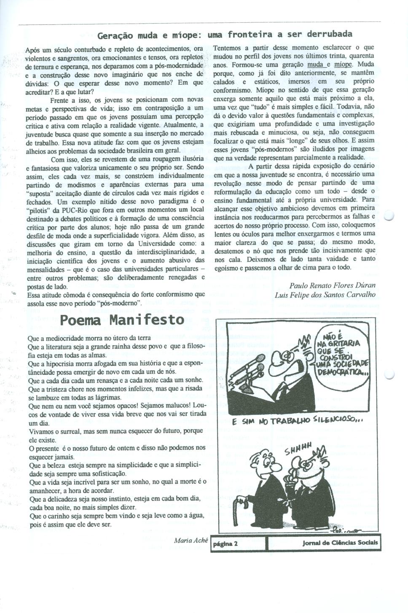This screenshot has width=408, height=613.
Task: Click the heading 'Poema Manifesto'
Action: [122, 319]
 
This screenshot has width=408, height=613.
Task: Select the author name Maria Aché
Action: [191, 540]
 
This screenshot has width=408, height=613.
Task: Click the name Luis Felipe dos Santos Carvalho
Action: [325, 295]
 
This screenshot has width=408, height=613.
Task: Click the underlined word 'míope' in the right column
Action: [342, 65]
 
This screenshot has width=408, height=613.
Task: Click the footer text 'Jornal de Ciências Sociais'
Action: [340, 543]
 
